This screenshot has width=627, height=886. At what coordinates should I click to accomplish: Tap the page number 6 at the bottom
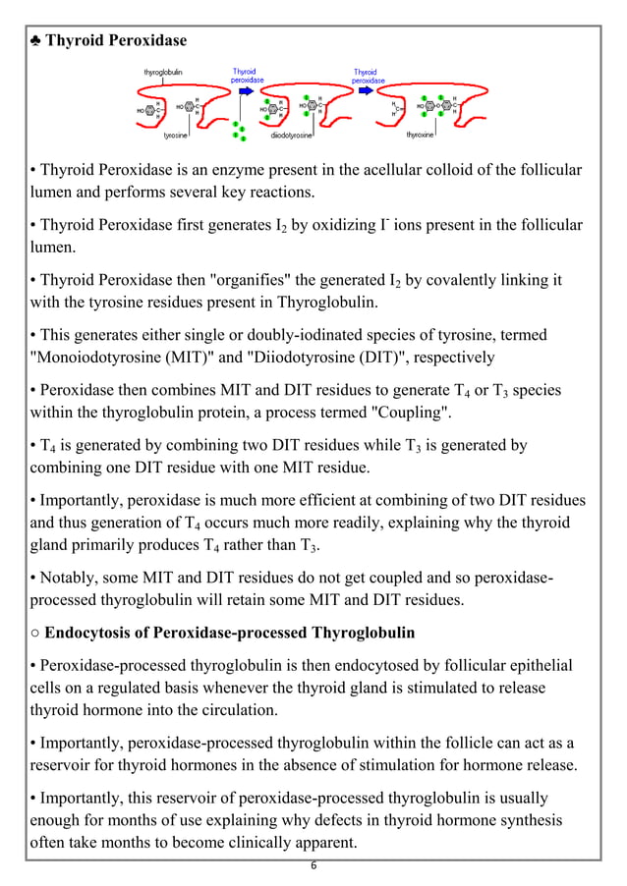tap(313, 865)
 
